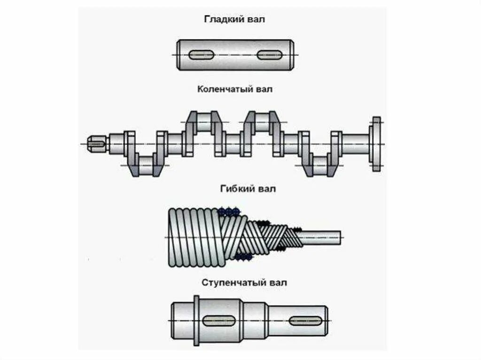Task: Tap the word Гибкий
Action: (x=237, y=189)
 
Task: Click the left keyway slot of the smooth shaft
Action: (x=201, y=55)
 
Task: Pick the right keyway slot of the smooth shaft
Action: (x=270, y=55)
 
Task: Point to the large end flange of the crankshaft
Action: (x=376, y=144)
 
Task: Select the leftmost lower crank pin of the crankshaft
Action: (x=146, y=165)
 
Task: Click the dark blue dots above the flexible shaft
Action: (x=229, y=211)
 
